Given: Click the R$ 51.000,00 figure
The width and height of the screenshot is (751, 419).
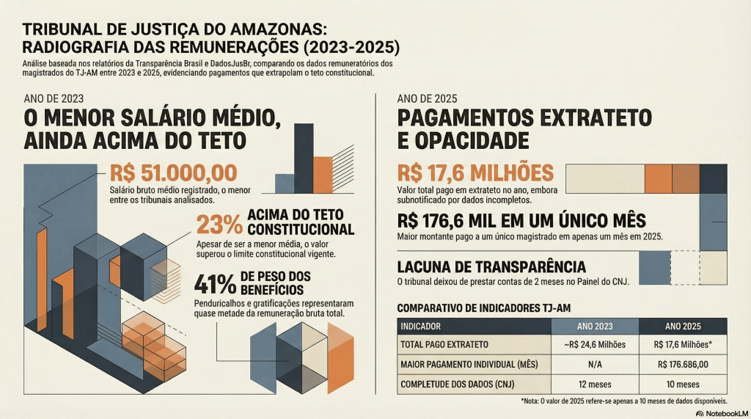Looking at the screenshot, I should pos(173,173).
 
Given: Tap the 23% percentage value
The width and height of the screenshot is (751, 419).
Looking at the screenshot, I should pos(218,223).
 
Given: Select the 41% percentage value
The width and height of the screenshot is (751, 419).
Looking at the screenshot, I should pos(214,282).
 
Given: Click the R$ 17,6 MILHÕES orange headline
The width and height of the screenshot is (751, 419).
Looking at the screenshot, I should pos(475,173).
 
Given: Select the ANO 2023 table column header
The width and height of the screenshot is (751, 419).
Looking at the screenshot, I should pos(595,327).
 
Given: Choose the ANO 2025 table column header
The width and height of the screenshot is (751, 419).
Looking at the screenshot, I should pos(683,327).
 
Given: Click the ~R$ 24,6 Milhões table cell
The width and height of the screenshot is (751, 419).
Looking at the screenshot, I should pos(595,345).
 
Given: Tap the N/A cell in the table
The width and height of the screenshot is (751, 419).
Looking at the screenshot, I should pos(595,365).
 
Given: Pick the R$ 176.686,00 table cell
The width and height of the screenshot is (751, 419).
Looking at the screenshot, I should pos(683,365).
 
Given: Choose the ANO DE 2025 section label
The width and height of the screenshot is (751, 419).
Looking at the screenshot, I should pos(425,99).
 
